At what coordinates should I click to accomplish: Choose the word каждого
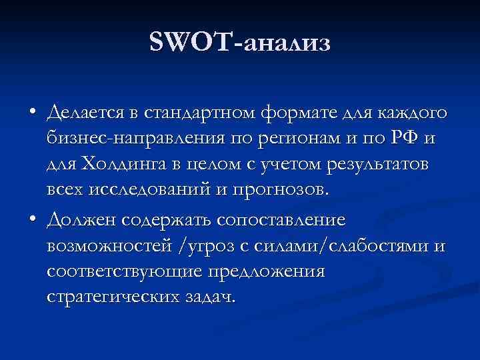coord(411,114)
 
